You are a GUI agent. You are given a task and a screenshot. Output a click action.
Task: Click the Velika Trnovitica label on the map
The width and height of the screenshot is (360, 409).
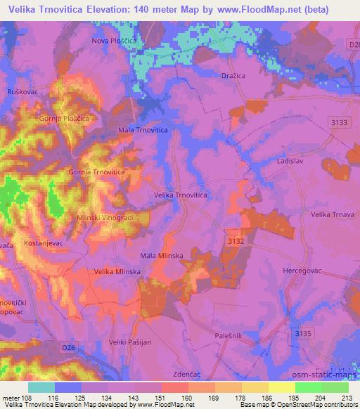tap(180, 195)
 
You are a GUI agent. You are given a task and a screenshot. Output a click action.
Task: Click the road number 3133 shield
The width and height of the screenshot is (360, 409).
tap(340, 123)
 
